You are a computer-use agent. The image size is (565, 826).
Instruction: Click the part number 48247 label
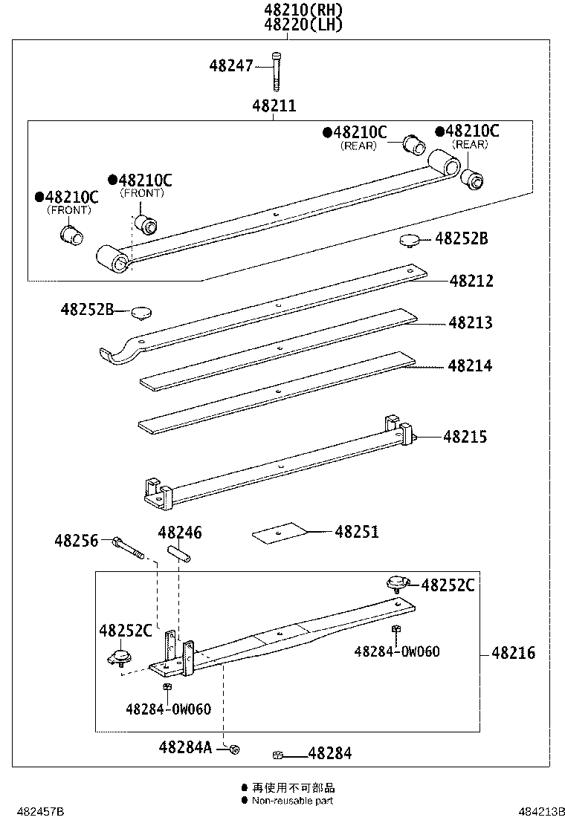pyautogui.click(x=231, y=66)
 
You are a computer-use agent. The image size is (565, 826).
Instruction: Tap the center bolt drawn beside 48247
pyautogui.click(x=277, y=69)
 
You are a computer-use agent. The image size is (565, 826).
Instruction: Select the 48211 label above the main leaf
pyautogui.click(x=274, y=106)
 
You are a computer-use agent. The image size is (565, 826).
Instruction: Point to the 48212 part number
pyautogui.click(x=471, y=282)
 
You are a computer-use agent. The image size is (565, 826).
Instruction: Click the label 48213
pyautogui.click(x=470, y=323)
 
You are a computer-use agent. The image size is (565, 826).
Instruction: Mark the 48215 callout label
pyautogui.click(x=465, y=437)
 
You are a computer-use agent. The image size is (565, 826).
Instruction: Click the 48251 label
pyautogui.click(x=356, y=532)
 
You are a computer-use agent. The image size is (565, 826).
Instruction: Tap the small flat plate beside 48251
pyautogui.click(x=280, y=533)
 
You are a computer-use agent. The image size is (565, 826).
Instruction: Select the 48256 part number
pyautogui.click(x=76, y=541)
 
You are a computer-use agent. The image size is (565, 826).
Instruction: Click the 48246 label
pyautogui.click(x=179, y=533)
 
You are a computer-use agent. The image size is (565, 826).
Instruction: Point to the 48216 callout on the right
pyautogui.click(x=513, y=653)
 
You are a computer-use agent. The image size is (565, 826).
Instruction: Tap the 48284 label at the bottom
pyautogui.click(x=329, y=754)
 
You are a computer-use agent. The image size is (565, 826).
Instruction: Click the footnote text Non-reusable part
pyautogui.click(x=292, y=801)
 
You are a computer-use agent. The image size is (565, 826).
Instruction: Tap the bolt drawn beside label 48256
pyautogui.click(x=129, y=549)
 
